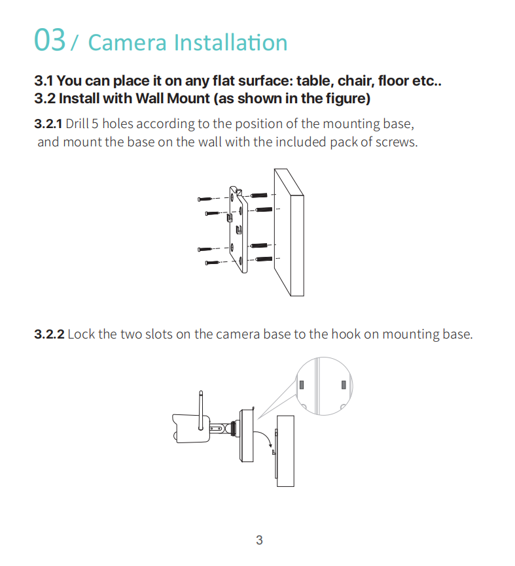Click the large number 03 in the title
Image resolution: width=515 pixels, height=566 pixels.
tap(50, 40)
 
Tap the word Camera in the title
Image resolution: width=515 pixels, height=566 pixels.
tap(127, 42)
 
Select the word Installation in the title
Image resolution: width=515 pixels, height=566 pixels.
tap(230, 42)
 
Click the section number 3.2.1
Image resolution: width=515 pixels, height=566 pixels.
tap(48, 124)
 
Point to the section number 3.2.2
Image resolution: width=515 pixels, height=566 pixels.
tap(49, 334)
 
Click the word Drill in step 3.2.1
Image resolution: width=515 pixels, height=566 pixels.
tap(77, 124)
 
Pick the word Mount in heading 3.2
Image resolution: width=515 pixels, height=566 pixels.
tap(188, 99)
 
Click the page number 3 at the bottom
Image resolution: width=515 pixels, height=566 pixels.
tap(259, 540)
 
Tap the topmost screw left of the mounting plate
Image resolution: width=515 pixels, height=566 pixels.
tap(206, 199)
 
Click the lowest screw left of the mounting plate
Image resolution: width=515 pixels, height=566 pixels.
tap(213, 263)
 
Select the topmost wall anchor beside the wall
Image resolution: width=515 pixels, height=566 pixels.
tap(259, 195)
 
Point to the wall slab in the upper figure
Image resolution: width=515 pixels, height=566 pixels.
tap(289, 232)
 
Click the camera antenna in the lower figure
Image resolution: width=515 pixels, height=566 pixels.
tap(201, 410)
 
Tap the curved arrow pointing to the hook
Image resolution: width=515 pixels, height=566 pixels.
tap(264, 437)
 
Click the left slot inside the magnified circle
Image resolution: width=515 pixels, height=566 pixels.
tap(302, 385)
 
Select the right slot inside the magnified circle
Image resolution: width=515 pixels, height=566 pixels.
tap(344, 385)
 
